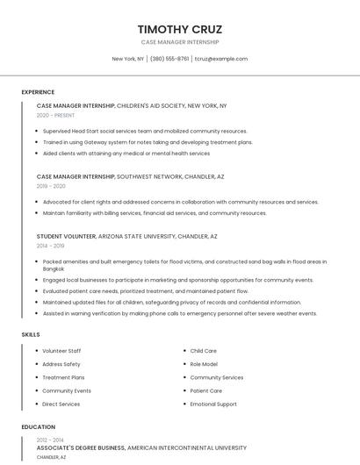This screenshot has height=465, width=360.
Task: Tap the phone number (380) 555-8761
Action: point(169,59)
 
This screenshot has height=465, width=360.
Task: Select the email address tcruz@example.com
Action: point(221,59)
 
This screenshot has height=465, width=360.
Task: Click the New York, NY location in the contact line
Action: point(128,59)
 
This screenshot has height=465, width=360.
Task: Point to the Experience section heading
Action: point(38,92)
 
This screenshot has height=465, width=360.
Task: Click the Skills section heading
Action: point(31,334)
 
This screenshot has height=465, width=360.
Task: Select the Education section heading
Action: point(39,427)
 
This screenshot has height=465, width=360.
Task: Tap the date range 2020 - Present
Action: point(55,115)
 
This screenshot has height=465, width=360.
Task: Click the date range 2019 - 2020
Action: point(51,186)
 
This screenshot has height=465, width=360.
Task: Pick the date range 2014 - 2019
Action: point(51,246)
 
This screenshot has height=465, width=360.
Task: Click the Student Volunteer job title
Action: point(66,236)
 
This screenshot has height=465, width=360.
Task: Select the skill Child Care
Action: point(204,351)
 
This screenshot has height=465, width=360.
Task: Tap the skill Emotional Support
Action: point(213,404)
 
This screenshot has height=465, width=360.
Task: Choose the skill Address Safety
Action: point(61,364)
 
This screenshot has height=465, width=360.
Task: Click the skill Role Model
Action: point(204,364)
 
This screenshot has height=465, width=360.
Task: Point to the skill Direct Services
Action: point(61,404)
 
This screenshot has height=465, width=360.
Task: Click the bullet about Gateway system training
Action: point(148,142)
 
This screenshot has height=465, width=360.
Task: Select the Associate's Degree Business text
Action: point(81,447)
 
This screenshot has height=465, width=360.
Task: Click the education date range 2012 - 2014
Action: point(51,440)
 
